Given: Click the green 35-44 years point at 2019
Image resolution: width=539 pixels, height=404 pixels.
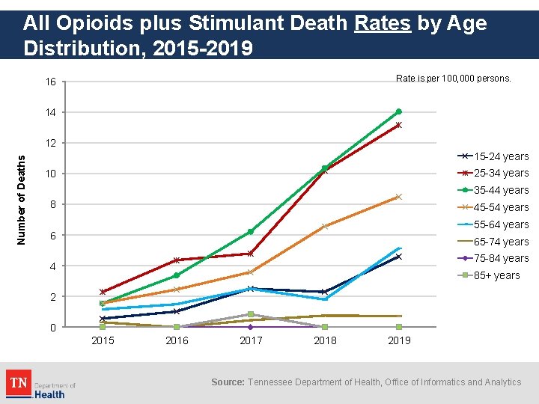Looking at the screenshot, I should tap(398, 111).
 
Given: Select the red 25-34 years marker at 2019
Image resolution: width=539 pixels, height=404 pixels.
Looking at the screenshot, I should tap(398, 125).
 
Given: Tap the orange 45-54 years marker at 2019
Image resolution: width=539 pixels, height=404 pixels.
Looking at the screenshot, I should tap(398, 197).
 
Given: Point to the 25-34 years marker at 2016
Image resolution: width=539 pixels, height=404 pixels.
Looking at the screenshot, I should tap(177, 260).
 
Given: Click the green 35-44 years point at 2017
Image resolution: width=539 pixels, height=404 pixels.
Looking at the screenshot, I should tap(250, 232).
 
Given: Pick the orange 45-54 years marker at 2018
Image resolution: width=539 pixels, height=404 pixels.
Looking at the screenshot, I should tap(324, 226).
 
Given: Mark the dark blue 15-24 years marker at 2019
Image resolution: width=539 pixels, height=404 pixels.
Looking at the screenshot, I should tap(398, 257).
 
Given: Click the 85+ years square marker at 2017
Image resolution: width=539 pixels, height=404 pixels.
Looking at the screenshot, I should tap(250, 314).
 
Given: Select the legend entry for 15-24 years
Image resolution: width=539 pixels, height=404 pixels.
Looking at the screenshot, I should tap(493, 156).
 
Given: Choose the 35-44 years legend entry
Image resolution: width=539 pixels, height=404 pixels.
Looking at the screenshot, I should tap(493, 190).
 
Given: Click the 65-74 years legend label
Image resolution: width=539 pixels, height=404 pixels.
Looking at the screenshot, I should tap(501, 242).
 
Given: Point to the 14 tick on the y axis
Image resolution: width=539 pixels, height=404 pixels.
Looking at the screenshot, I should tap(50, 112).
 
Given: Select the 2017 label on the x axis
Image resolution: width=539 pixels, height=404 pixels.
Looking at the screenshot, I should tap(250, 341).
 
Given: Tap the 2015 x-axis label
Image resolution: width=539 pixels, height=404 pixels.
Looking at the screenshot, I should tap(103, 341).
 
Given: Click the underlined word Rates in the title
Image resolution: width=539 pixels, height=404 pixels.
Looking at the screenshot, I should tap(383, 23).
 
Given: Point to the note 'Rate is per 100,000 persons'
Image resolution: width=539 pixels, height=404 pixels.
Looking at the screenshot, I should tap(453, 78).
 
